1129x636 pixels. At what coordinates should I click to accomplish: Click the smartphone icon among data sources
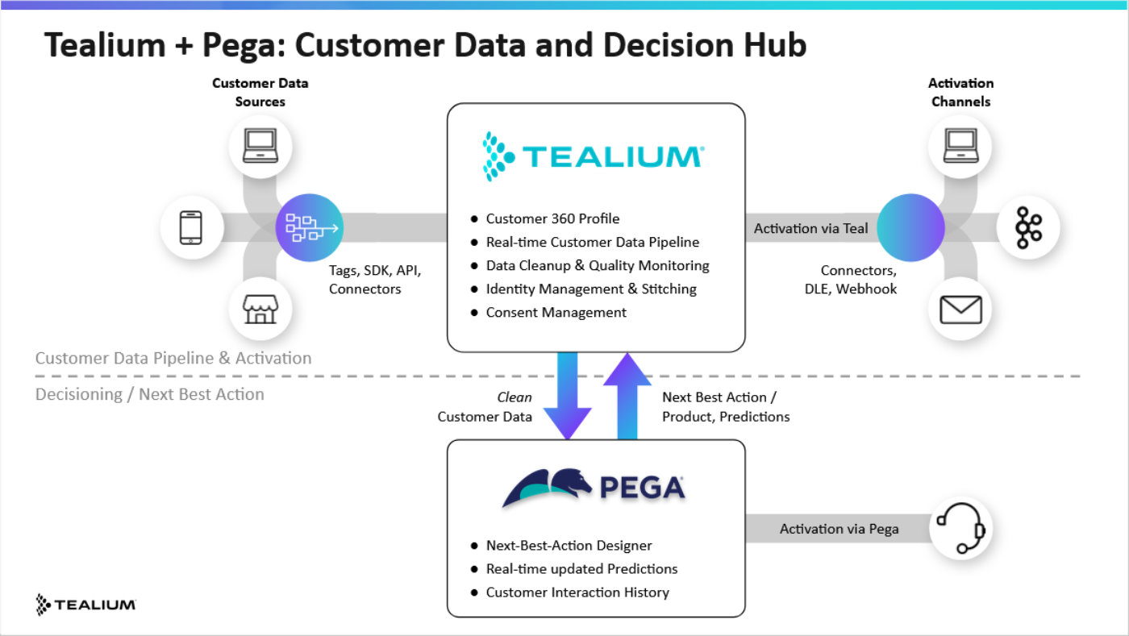click(190, 228)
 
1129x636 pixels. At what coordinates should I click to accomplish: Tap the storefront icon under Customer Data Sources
click(260, 307)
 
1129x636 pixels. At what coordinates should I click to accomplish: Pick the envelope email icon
click(960, 309)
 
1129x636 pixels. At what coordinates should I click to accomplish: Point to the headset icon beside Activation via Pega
click(961, 529)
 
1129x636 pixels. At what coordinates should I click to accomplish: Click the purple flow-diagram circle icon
click(310, 228)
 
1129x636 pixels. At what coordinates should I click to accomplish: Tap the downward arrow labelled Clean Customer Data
click(568, 396)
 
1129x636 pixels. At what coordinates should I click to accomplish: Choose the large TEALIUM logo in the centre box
click(594, 156)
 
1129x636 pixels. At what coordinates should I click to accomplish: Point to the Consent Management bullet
click(556, 312)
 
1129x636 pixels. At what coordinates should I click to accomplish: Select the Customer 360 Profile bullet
click(552, 218)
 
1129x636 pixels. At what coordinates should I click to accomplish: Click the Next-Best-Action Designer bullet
click(569, 546)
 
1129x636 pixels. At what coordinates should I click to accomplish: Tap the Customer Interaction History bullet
click(577, 592)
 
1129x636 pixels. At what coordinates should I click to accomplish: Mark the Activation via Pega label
click(839, 529)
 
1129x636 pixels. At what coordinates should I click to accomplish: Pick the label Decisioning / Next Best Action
click(150, 394)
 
